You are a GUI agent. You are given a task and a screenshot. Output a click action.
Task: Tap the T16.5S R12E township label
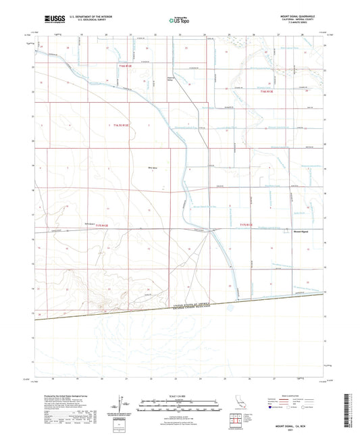118,125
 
